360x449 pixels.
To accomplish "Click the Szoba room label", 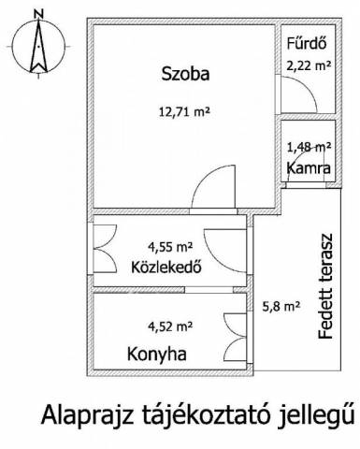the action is tap(185, 75).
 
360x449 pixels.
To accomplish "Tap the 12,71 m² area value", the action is tap(183, 111).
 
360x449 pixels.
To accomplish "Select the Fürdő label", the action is tap(307, 43).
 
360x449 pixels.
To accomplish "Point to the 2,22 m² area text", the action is tap(309, 65).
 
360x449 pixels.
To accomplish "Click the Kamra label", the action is tap(309, 168).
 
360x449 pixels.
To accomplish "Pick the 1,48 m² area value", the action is tap(309, 147).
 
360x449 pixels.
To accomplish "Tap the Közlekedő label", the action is tap(166, 268).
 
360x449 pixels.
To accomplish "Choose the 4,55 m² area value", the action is tap(170, 247).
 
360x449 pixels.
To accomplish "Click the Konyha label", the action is tap(157, 355).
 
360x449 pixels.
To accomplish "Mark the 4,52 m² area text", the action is tap(170, 326).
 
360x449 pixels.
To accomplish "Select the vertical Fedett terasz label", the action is tap(325, 286).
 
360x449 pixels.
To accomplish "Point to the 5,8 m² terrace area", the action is tap(281, 307).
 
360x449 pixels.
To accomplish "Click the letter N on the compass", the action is tap(38, 14).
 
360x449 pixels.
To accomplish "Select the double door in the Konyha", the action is tap(235, 337).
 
